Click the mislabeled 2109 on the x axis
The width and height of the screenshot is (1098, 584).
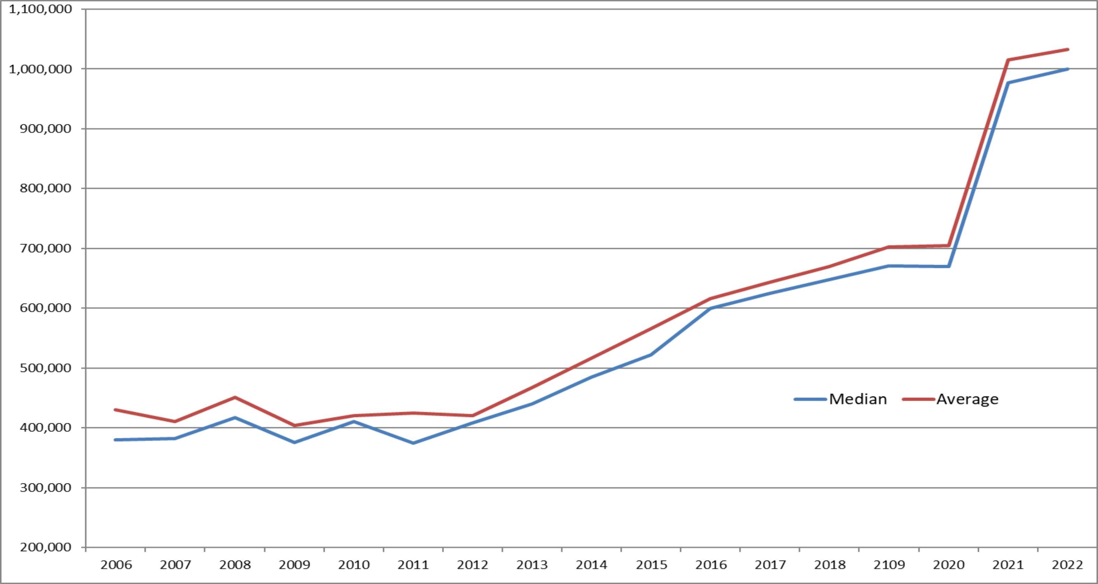pyautogui.click(x=889, y=565)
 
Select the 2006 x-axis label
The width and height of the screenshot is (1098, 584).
pyautogui.click(x=116, y=565)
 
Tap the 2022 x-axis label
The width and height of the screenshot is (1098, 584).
pyautogui.click(x=1067, y=565)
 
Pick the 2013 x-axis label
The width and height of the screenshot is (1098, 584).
pyautogui.click(x=532, y=565)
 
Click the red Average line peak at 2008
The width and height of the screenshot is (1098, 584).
pyautogui.click(x=235, y=397)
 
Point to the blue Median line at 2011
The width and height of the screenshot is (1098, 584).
pyautogui.click(x=413, y=443)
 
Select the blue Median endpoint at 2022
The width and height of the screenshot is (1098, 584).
pyautogui.click(x=1068, y=69)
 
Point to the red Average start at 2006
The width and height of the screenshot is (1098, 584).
pyautogui.click(x=116, y=409)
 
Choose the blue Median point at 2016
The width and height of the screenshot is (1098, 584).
pyautogui.click(x=711, y=308)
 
